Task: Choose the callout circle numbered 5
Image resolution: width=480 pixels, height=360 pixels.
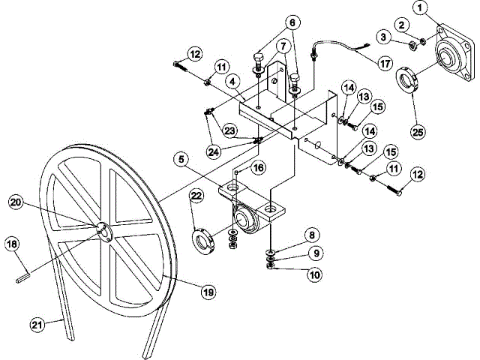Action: [x=181, y=158]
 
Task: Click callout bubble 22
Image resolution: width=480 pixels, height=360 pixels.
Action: [x=196, y=196]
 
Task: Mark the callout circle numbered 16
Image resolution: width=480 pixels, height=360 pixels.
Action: [x=258, y=167]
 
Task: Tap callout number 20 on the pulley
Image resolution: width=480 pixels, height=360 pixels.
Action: [x=15, y=201]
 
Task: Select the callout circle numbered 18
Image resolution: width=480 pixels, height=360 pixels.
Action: [x=12, y=244]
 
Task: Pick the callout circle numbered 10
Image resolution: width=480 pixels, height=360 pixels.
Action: [x=315, y=275]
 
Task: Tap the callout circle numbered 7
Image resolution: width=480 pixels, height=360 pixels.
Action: [x=283, y=46]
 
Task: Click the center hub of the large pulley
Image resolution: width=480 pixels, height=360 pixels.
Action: [x=103, y=232]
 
